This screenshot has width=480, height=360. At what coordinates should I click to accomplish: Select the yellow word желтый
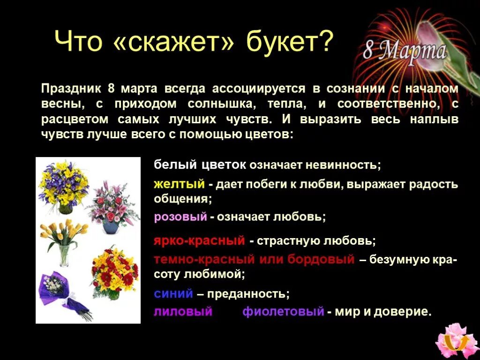pyautogui.click(x=180, y=184)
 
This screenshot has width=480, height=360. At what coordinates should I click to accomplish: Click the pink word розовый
pyautogui.click(x=180, y=217)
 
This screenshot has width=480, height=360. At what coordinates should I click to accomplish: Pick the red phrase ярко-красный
pyautogui.click(x=199, y=241)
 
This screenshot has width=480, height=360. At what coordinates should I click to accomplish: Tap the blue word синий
pyautogui.click(x=173, y=294)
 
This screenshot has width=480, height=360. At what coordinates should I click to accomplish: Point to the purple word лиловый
pyautogui.click(x=183, y=312)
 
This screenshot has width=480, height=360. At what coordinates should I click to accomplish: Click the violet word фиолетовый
pyautogui.click(x=283, y=312)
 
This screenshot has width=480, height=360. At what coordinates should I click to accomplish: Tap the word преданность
pyautogui.click(x=248, y=294)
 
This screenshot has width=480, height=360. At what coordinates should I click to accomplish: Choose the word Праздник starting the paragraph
pyautogui.click(x=70, y=89)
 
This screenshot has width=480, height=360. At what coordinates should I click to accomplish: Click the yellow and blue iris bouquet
pyautogui.click(x=62, y=186)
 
